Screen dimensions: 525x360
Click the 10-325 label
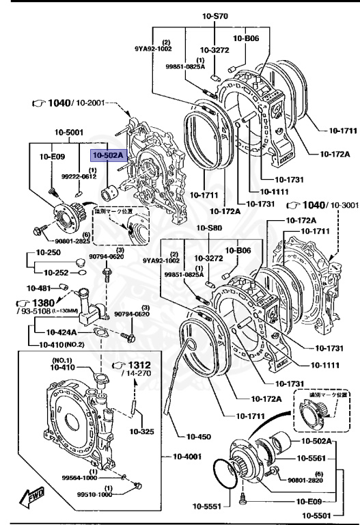[142, 431]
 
